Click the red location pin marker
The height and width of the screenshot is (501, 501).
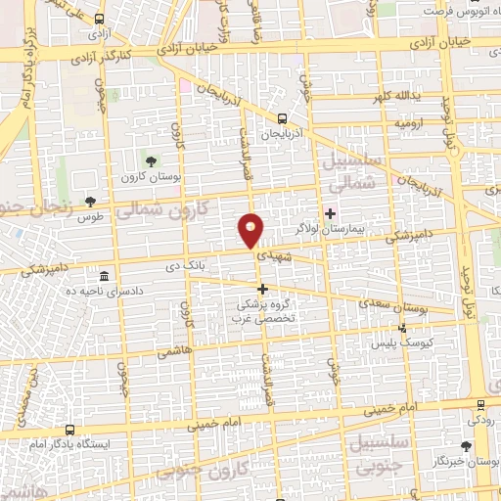(251, 230)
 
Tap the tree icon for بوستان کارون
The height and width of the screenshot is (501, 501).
(150, 159)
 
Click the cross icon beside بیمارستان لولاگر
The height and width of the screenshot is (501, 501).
(330, 213)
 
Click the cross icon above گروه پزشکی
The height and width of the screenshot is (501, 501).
(261, 289)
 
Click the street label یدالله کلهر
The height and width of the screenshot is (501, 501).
(391, 98)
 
